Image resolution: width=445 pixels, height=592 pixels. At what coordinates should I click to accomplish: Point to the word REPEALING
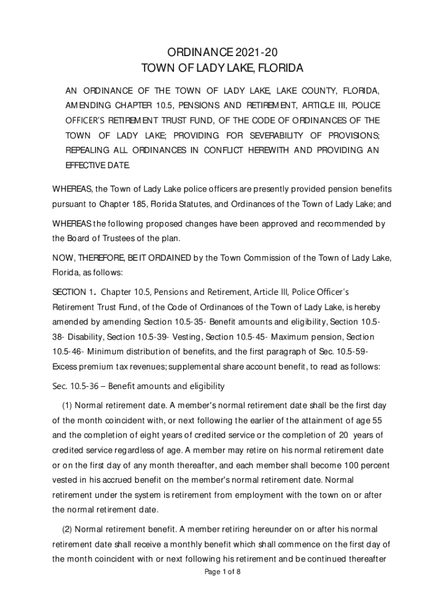[87, 151]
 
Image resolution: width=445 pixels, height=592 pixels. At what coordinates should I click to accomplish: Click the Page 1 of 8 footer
[222, 572]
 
